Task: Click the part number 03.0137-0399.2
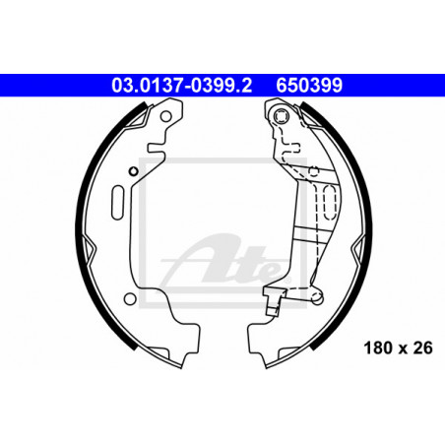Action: (x=181, y=86)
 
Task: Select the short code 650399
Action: (x=309, y=86)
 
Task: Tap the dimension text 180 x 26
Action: (x=398, y=348)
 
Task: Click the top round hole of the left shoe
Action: (x=165, y=116)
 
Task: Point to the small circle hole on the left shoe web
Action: (x=133, y=171)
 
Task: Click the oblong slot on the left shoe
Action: (x=117, y=203)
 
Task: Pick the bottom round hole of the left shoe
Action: (x=130, y=298)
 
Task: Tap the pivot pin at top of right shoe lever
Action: (x=282, y=116)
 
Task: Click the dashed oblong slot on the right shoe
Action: (x=330, y=202)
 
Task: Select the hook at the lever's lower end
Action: (x=272, y=301)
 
